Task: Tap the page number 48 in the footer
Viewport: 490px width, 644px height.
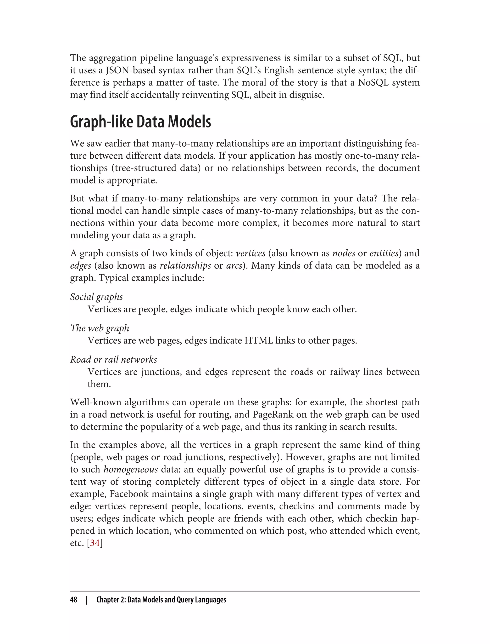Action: coord(73,600)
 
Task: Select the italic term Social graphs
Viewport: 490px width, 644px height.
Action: coord(96,297)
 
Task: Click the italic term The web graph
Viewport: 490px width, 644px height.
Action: coord(100,328)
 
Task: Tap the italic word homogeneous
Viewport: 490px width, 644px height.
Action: coord(131,469)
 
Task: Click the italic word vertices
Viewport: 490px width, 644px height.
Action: coord(251,253)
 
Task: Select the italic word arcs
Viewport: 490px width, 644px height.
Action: coord(234,265)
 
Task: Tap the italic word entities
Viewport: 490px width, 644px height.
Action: coord(384,253)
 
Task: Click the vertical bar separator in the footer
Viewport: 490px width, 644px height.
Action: coord(87,600)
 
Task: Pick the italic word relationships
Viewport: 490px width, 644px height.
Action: coord(185,265)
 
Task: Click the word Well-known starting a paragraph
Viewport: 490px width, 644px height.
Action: coord(95,402)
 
